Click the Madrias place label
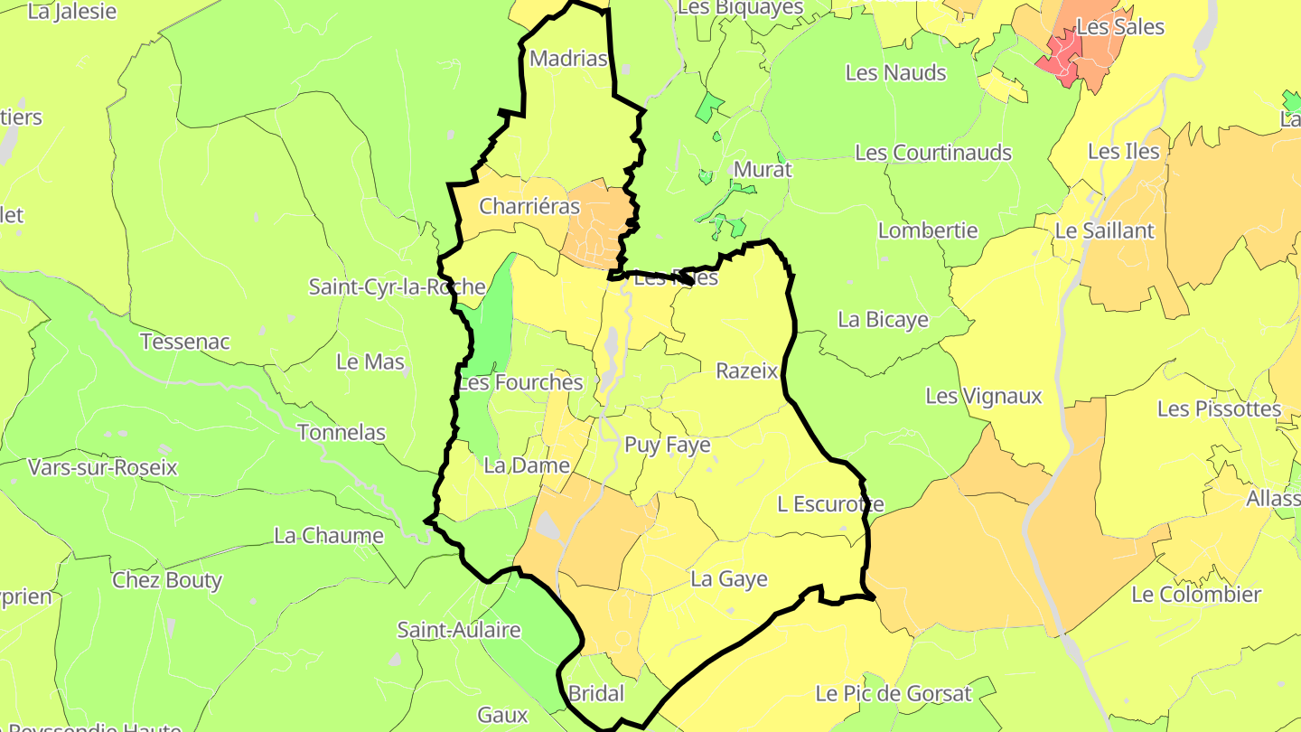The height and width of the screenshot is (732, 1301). [x=568, y=59]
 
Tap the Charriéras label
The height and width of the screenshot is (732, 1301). [x=529, y=206]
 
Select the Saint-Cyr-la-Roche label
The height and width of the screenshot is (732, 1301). [x=398, y=287]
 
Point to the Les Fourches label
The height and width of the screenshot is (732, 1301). [x=520, y=382]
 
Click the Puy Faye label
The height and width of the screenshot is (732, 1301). [x=668, y=446]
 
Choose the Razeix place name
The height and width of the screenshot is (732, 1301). [x=746, y=371]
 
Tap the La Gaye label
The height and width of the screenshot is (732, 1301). [x=729, y=579]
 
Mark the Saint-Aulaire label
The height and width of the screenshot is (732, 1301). [x=459, y=630]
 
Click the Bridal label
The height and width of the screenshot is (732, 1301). [x=596, y=694]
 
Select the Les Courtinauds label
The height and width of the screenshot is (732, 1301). [x=933, y=153]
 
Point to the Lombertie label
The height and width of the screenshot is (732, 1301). [x=928, y=230]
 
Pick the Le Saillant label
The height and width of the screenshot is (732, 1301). [x=1104, y=230]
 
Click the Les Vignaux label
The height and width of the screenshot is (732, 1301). [x=984, y=396]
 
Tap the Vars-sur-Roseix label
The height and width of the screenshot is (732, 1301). [x=103, y=468]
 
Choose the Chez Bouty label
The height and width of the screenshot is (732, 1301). [x=167, y=580]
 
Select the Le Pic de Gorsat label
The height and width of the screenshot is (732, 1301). [x=893, y=694]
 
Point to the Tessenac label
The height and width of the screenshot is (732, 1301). [x=185, y=343]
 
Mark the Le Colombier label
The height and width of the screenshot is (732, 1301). [x=1196, y=595]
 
